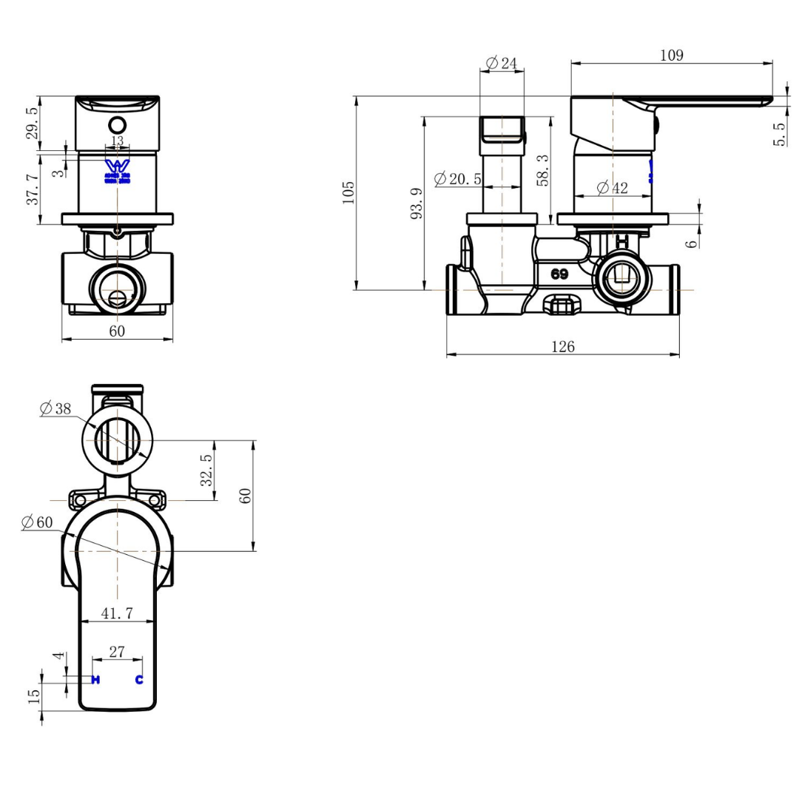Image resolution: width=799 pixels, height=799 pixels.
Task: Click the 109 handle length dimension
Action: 671,55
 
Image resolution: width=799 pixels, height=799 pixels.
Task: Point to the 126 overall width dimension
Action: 562,346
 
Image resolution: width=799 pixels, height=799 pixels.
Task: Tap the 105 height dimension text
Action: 349,192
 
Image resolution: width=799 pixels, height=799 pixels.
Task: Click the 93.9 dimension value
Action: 417,203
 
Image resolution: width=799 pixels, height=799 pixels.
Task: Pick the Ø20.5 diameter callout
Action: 458,179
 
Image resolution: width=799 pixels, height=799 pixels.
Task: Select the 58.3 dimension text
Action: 543,170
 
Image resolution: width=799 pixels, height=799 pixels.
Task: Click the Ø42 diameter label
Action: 612,188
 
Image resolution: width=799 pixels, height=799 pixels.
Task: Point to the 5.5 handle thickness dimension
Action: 780,134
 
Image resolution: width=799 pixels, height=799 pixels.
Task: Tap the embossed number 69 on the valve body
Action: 559,274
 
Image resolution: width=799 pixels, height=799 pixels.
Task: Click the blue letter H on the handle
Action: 95,680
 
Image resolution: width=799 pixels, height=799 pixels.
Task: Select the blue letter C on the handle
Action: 138,680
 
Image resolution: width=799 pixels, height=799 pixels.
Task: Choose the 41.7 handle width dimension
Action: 117,613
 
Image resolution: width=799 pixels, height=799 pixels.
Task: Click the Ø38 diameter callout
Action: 56,408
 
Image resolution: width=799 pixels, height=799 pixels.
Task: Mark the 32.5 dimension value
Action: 207,470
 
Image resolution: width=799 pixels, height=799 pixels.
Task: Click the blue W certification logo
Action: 117,168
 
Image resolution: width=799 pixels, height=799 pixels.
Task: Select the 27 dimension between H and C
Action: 117,651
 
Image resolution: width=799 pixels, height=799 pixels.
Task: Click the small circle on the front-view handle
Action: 118,124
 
